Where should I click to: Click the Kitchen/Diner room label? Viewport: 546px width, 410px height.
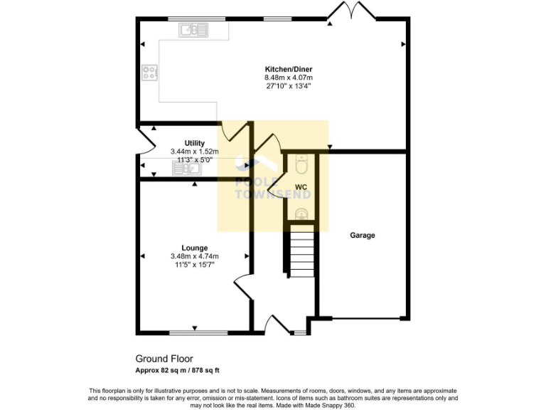coord(288,69)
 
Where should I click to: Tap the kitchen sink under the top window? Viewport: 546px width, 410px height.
coord(193,30)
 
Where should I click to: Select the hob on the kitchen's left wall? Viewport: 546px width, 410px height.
coord(149,72)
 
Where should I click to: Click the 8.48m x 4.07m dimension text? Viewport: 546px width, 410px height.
coord(288,78)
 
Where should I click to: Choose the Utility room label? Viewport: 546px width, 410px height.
coord(194,143)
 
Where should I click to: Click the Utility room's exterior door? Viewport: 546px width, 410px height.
coord(144,145)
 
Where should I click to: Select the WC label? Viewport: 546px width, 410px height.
coord(301,187)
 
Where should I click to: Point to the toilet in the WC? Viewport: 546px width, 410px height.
coord(300,164)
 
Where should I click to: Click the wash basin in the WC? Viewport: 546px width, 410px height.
coord(300,212)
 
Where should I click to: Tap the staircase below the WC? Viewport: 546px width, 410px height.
coord(301,252)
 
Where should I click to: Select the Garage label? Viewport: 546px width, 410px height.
coord(362,235)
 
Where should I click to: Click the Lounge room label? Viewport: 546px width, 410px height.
coord(194,248)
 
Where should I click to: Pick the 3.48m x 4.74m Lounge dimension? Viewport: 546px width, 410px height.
coord(194,256)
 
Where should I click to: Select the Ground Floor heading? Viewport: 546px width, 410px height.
coord(164,359)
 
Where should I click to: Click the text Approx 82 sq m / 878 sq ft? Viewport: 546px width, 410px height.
coord(183,370)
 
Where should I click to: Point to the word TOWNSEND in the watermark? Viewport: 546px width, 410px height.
coord(272,194)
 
